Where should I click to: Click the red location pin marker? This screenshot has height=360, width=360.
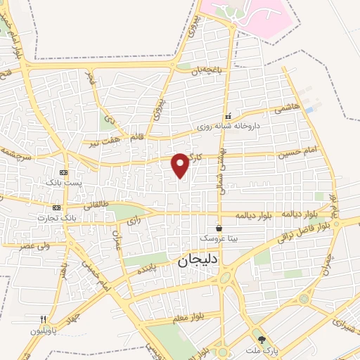click(x=181, y=165)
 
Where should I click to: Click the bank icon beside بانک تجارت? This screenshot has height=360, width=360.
click(x=56, y=207)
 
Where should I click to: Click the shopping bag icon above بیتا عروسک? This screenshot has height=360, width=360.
click(x=219, y=228)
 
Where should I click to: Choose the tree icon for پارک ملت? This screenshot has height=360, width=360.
click(x=262, y=340)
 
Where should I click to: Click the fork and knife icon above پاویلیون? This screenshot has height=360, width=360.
click(x=43, y=319)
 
